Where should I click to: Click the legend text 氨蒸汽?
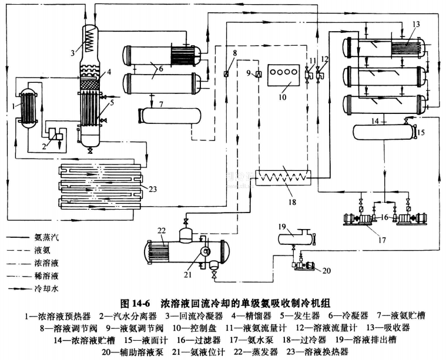[x=47, y=238]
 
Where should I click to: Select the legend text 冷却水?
[x=47, y=288]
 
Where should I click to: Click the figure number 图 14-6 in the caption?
[x=136, y=304]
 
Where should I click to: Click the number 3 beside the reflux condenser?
[x=72, y=53]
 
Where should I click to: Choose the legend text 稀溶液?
[x=47, y=275]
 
